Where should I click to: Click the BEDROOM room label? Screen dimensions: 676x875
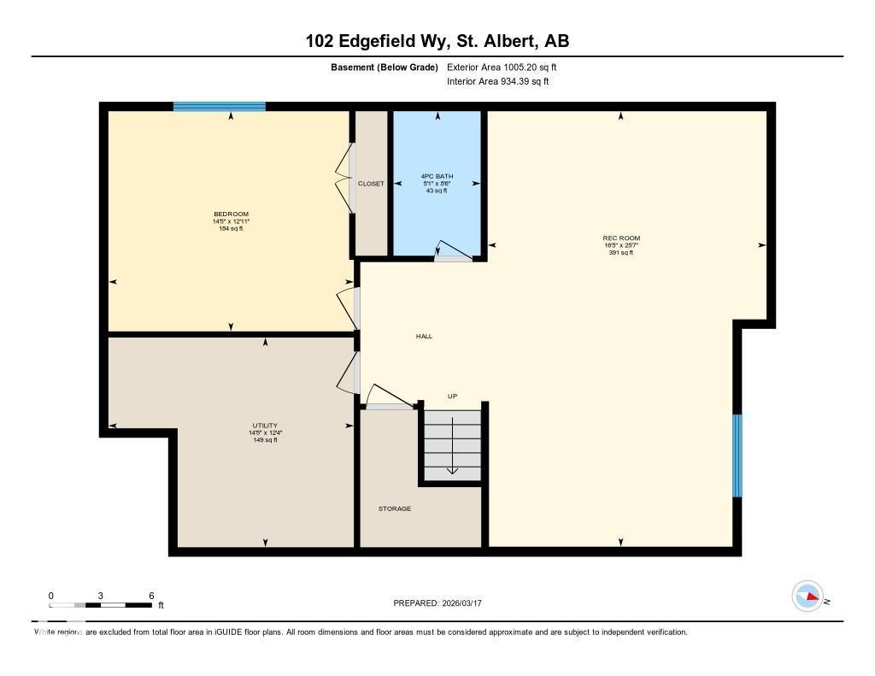(x=231, y=214)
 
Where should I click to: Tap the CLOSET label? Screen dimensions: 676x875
(x=371, y=184)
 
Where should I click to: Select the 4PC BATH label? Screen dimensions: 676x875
(x=437, y=176)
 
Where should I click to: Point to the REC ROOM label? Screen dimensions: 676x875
(x=621, y=238)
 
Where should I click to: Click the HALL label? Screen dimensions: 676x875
(x=424, y=336)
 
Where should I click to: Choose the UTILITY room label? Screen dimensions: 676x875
(x=265, y=426)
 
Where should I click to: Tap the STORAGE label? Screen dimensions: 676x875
(x=395, y=508)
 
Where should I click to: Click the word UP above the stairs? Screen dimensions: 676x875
(x=453, y=397)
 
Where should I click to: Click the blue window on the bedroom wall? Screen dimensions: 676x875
(x=220, y=107)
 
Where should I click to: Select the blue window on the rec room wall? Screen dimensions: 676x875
(x=737, y=456)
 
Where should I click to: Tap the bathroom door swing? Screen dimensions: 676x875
(x=452, y=249)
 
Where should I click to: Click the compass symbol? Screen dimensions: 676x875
(x=807, y=597)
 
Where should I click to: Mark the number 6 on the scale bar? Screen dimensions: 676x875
(x=151, y=595)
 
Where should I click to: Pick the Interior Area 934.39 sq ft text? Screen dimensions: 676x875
(x=497, y=82)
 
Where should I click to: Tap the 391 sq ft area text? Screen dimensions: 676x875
(x=621, y=253)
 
